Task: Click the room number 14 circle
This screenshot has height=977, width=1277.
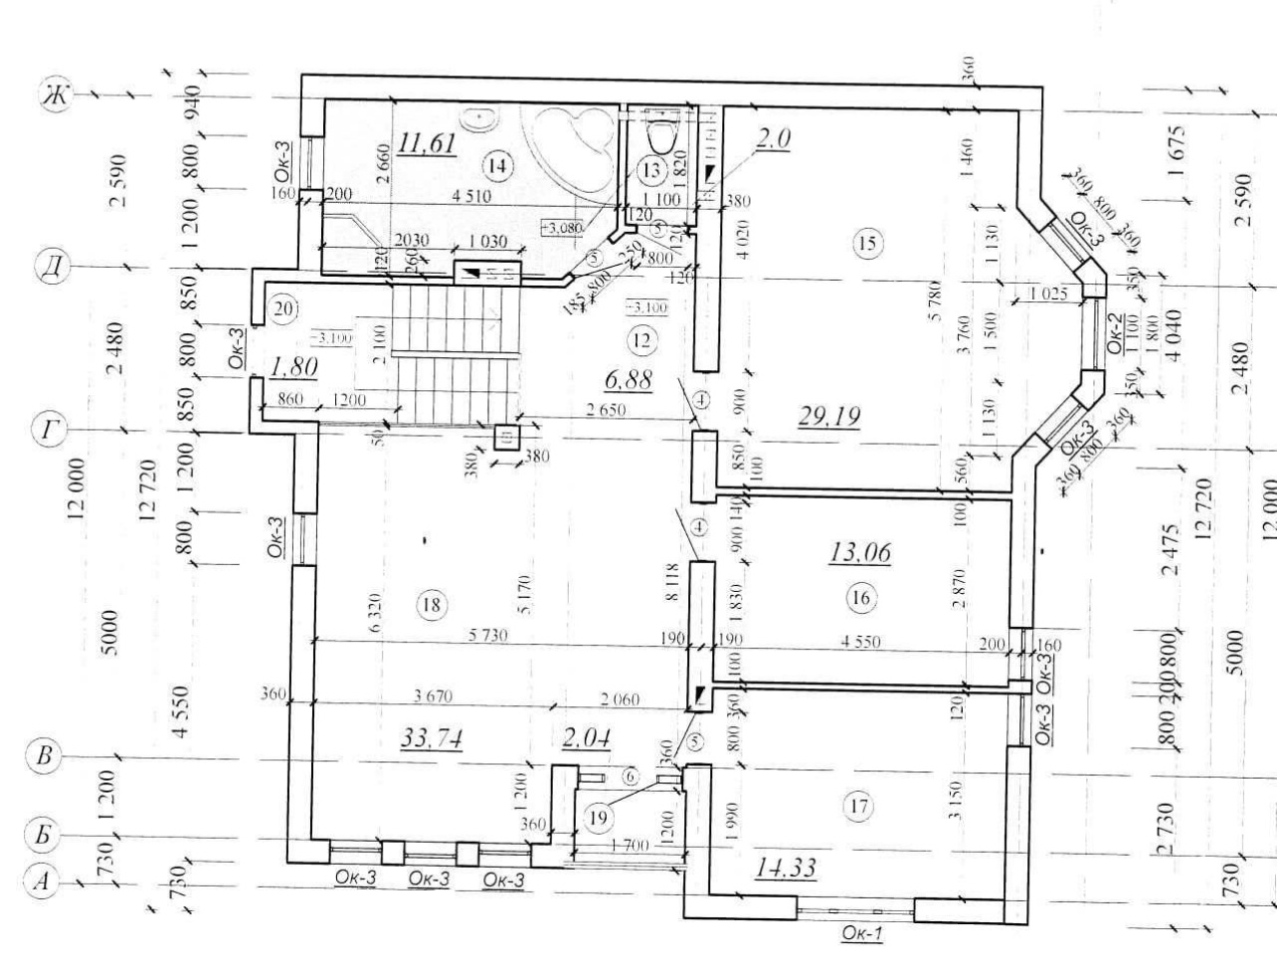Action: click(x=497, y=165)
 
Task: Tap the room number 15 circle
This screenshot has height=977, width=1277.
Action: click(x=867, y=242)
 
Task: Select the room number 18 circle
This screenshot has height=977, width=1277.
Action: click(x=431, y=604)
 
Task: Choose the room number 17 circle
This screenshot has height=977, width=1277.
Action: click(x=857, y=806)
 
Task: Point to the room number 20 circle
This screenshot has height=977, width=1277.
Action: click(x=283, y=307)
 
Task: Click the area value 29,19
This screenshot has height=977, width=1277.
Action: click(x=828, y=415)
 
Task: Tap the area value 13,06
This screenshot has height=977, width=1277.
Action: click(x=859, y=551)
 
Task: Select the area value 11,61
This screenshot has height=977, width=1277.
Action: click(x=427, y=144)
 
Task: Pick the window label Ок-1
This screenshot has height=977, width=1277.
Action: click(x=861, y=933)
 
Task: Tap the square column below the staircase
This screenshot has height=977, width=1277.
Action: click(x=506, y=439)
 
